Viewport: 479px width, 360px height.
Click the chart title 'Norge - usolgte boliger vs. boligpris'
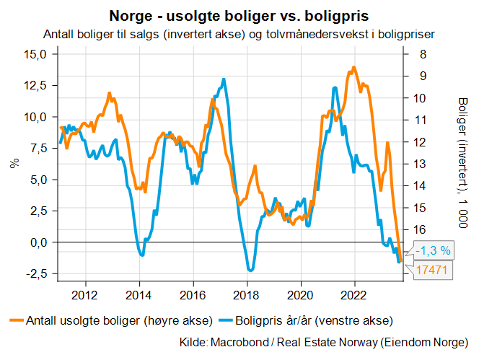tap(239, 15)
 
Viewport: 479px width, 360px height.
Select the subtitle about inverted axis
tap(239, 34)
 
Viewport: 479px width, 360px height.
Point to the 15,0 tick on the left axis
tap(35, 54)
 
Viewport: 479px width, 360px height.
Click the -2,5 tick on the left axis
tap(35, 274)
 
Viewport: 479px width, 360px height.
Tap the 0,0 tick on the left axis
tap(37, 242)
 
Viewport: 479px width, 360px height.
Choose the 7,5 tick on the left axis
tap(37, 149)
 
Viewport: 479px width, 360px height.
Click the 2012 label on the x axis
tap(85, 294)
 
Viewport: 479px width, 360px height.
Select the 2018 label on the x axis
tap(247, 294)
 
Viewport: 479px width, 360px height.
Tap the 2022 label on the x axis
tap(354, 294)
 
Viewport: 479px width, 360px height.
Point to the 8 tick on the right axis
tap(421, 54)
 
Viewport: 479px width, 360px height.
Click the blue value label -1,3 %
tap(434, 251)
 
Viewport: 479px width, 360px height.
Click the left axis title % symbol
tap(14, 163)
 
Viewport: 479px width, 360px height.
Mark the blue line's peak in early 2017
tap(224, 79)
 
